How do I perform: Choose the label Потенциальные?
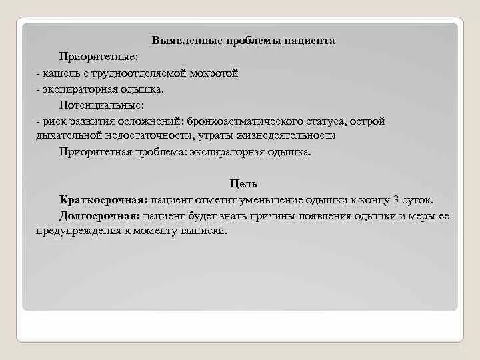tap(101, 105)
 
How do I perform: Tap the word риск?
tap(53, 121)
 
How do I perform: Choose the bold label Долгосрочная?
tap(99, 216)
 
